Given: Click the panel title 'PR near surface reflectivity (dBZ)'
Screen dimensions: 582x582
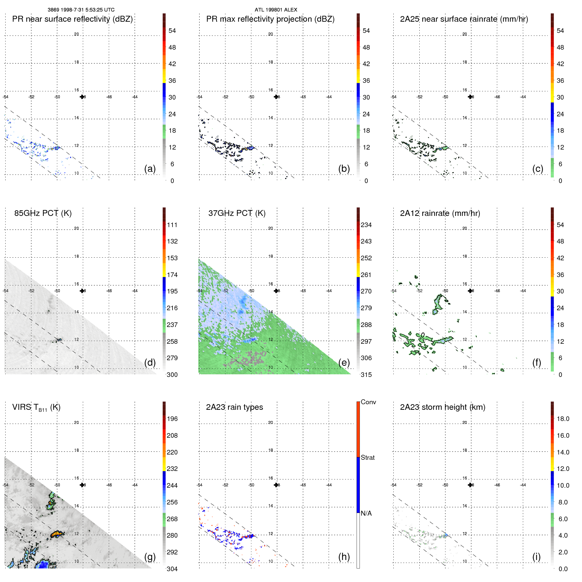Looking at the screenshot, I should (72, 19).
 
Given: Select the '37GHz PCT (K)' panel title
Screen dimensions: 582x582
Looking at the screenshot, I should (237, 213).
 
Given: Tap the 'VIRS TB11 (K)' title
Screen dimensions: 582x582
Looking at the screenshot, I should (36, 407).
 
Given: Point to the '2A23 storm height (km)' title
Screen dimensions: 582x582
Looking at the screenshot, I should (442, 407).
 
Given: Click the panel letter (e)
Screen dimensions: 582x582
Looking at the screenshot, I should (344, 362).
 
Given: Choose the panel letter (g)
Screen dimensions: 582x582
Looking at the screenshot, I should (150, 557).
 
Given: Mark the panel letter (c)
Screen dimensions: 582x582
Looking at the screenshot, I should (538, 169).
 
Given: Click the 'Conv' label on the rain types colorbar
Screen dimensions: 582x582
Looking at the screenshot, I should (368, 402).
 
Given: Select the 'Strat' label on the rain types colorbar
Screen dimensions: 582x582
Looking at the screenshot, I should (367, 457).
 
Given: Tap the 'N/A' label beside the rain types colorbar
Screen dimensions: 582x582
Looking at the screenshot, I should (366, 513).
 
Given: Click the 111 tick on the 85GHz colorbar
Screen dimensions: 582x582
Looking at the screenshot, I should (172, 225).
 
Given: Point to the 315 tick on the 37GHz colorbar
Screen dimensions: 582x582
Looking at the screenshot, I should (366, 375).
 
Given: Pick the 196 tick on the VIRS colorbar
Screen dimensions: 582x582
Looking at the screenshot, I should (172, 419).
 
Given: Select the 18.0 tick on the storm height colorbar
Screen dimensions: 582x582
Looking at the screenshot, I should (563, 419).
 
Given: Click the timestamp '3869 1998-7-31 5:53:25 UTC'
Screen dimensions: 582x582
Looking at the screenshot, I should (81, 10).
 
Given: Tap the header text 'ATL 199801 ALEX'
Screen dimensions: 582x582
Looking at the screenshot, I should (276, 10).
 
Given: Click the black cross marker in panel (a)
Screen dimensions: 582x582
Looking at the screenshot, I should (82, 97).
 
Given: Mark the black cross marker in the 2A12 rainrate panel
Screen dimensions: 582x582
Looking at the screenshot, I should (470, 291).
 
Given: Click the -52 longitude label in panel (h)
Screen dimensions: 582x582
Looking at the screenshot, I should (225, 485).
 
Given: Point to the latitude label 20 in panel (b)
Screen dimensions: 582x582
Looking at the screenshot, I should (270, 34).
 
